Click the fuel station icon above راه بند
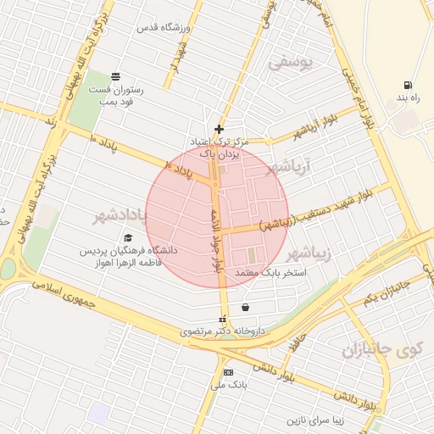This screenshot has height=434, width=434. [409, 85]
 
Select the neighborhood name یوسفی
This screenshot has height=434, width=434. [291, 63]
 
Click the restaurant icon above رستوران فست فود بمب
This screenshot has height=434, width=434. [115, 75]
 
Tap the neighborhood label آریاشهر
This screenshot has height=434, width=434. [290, 167]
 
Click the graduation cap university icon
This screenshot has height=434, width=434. [128, 238]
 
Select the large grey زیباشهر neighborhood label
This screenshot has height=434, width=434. [312, 253]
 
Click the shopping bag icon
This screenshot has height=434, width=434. [245, 307]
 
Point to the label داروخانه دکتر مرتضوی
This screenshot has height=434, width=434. [223, 331]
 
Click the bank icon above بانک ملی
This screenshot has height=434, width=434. [227, 373]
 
